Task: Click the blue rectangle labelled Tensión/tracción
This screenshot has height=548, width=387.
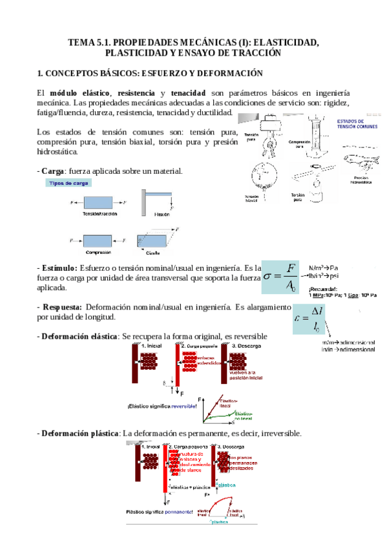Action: [98, 202]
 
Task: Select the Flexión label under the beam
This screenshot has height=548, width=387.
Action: [162, 214]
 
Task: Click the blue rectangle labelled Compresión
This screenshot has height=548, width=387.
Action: [98, 240]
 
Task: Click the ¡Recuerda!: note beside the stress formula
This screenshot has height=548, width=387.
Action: [324, 289]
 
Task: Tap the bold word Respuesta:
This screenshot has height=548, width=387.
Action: [61, 307]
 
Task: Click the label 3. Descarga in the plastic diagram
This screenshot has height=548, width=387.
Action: [231, 447]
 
